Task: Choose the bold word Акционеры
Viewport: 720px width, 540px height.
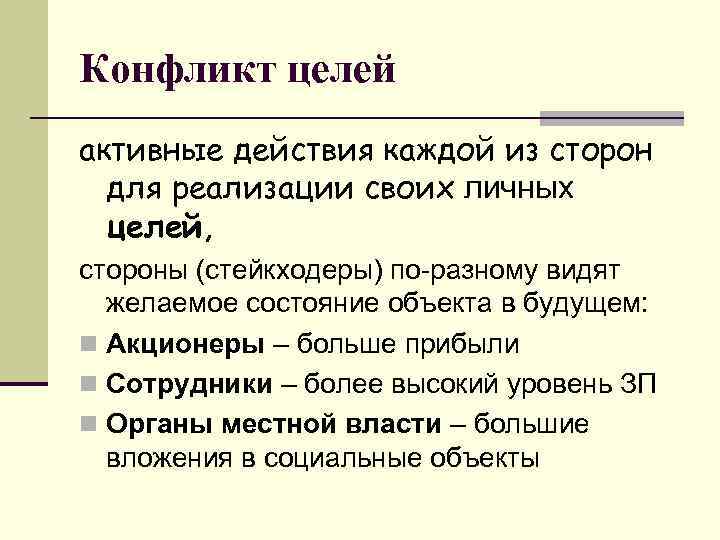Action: (185, 345)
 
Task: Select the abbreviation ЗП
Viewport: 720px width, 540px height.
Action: (637, 384)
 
